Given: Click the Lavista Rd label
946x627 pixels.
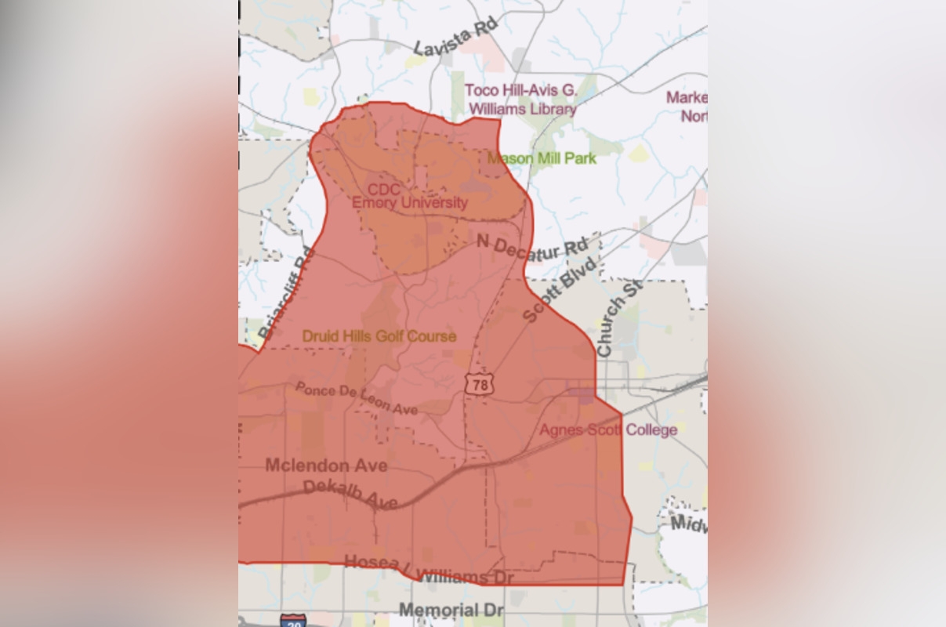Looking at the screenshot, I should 456,38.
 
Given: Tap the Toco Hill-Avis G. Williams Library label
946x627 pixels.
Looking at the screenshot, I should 520,100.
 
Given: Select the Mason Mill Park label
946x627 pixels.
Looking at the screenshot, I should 542,158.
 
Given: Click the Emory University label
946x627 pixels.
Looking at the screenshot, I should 409,203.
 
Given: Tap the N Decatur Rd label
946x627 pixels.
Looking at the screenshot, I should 532,248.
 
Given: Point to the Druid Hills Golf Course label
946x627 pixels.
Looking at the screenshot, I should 379,336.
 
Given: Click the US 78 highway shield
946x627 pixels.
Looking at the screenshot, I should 480,384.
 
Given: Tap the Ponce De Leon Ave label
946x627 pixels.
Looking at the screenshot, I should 356,398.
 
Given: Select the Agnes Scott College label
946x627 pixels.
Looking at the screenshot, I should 608,429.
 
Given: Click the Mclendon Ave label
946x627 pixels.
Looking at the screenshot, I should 326,466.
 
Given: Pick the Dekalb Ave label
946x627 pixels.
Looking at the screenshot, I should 350,494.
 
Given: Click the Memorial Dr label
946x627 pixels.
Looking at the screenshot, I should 451,610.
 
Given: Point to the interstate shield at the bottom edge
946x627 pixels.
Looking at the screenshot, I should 292,621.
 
